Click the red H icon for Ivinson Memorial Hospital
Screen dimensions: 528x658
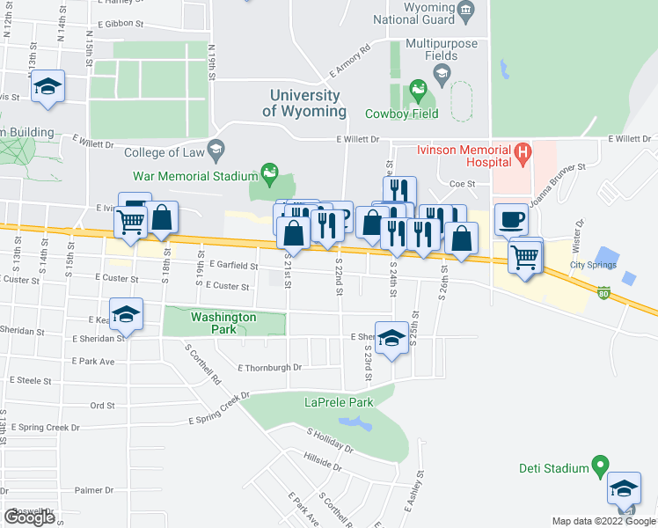click(x=523, y=155)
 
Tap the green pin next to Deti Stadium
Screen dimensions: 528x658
click(x=601, y=463)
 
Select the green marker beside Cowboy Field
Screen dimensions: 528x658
click(x=417, y=88)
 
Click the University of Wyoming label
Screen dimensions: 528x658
click(x=304, y=103)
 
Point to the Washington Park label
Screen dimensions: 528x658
click(x=224, y=317)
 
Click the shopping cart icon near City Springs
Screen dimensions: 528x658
click(x=524, y=257)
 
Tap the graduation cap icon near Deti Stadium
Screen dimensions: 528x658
click(x=625, y=488)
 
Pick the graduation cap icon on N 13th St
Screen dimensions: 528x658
click(x=48, y=86)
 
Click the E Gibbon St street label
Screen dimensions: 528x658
click(x=128, y=24)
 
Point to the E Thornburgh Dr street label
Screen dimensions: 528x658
click(x=269, y=367)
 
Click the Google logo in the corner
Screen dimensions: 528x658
click(x=29, y=517)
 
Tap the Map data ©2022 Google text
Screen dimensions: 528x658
click(x=603, y=521)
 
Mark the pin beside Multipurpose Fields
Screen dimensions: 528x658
click(x=442, y=70)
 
